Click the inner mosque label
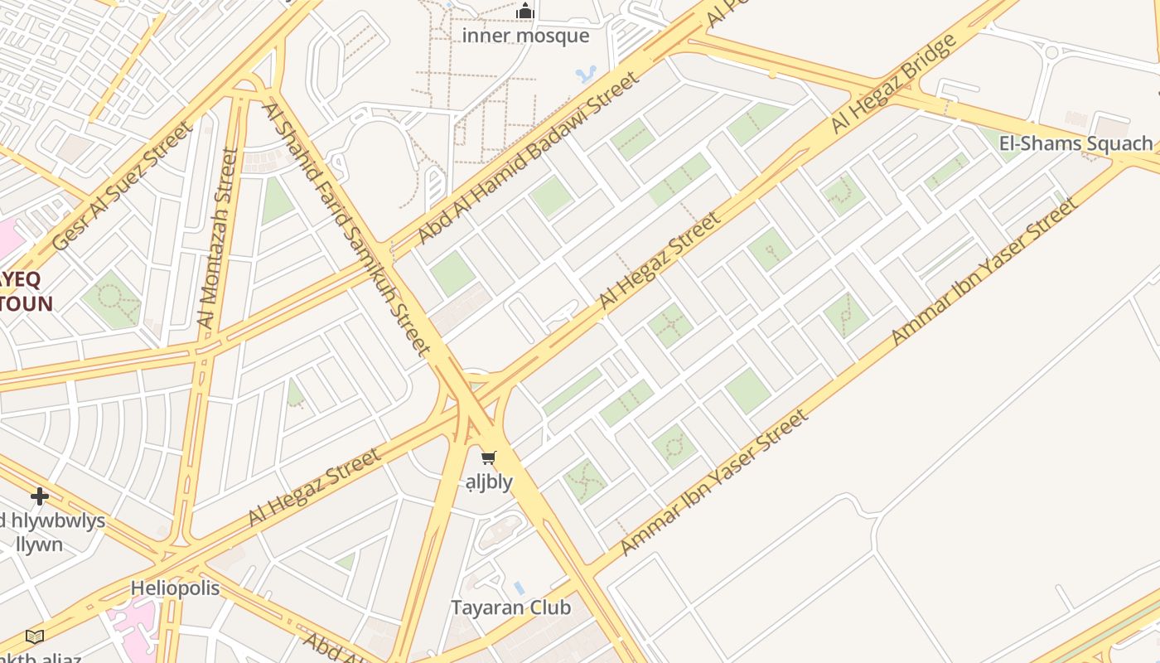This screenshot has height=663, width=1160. [525, 36]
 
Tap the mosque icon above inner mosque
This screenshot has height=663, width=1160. [525, 12]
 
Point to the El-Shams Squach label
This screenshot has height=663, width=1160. [1075, 143]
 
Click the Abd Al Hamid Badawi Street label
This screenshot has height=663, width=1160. [528, 158]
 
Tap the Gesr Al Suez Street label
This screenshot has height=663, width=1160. [123, 186]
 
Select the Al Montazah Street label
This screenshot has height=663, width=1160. [218, 239]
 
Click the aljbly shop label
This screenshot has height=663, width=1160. [489, 482]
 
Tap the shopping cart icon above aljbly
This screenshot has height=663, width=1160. [489, 458]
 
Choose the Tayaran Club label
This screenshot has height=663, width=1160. [510, 607]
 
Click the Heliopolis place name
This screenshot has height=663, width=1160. [175, 588]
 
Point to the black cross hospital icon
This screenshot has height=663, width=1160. [39, 496]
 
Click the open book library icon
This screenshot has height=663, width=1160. [34, 636]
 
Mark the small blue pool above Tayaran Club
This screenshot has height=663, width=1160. [519, 588]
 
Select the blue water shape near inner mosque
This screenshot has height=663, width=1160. [586, 75]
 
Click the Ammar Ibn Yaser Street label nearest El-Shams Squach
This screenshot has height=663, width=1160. [984, 272]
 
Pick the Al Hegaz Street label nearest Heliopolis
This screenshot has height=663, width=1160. [315, 487]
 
